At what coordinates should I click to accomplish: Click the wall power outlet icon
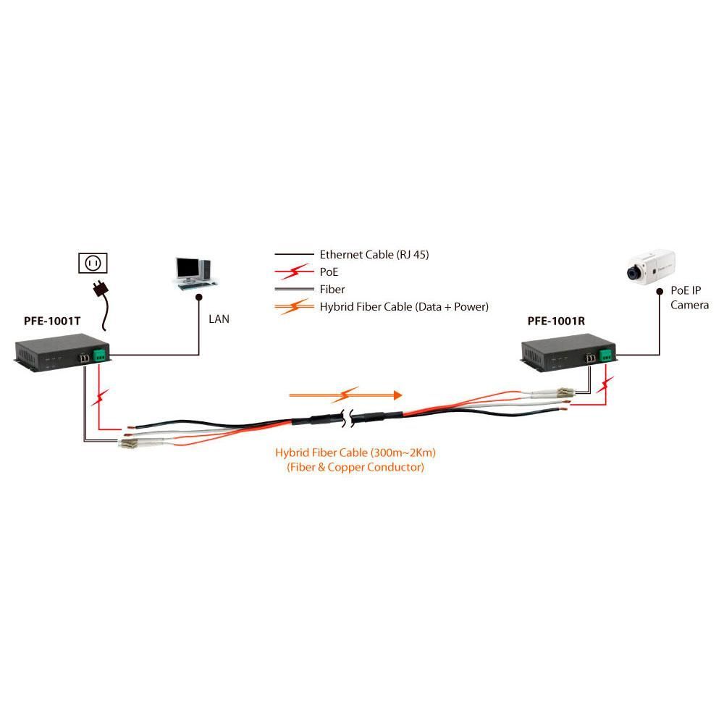pos(93,264)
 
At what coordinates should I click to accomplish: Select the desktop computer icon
pos(193,274)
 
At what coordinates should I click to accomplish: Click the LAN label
pos(219,319)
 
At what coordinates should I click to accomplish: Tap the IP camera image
pos(650,267)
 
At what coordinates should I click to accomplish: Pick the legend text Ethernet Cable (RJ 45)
pos(379,255)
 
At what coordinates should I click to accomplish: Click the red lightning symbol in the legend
pos(297,272)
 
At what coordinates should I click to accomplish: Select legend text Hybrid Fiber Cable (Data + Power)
pos(404,307)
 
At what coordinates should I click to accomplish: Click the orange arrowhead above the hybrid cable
pos(396,395)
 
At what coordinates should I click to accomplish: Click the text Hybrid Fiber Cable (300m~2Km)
pos(355,452)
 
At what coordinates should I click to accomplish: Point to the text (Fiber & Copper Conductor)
pos(355,468)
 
